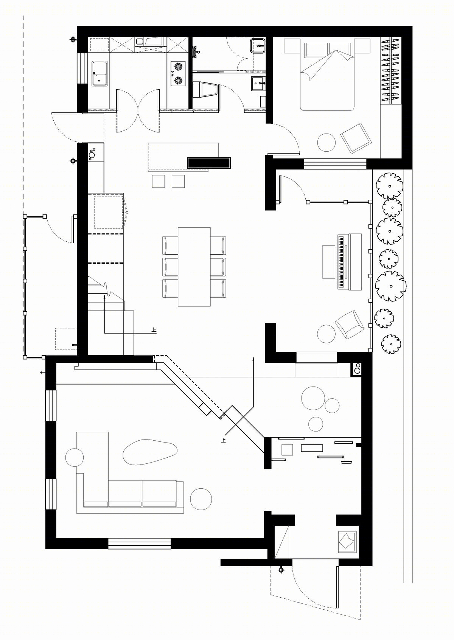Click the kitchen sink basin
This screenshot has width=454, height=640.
click(100, 73)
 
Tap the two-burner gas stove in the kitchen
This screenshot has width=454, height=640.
click(178, 73)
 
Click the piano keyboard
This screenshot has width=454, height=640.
click(341, 262)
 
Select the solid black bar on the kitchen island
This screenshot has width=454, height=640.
click(209, 163)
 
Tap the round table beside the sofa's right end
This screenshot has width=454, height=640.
click(201, 499)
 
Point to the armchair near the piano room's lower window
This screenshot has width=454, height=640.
click(349, 325)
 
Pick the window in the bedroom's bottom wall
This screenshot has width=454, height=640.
click(335, 164)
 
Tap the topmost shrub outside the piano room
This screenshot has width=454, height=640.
click(389, 186)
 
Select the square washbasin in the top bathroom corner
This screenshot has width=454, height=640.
click(258, 46)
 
